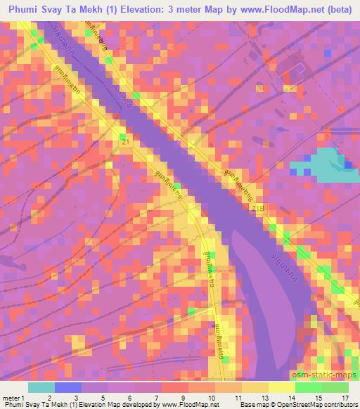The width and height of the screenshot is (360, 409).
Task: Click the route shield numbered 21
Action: pyautogui.click(x=124, y=142)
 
